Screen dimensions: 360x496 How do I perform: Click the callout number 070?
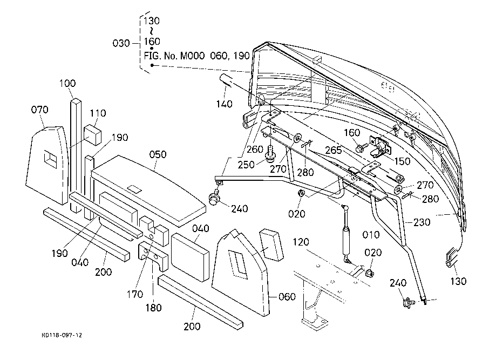(40, 110)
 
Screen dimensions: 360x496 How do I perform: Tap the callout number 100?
(67, 84)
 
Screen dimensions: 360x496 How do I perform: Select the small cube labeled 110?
(92, 133)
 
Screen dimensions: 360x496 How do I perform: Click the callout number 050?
(158, 154)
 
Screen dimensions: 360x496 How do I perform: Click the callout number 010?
(372, 235)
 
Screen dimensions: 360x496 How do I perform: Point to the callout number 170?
(135, 294)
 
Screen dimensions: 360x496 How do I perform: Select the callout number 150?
(403, 160)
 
